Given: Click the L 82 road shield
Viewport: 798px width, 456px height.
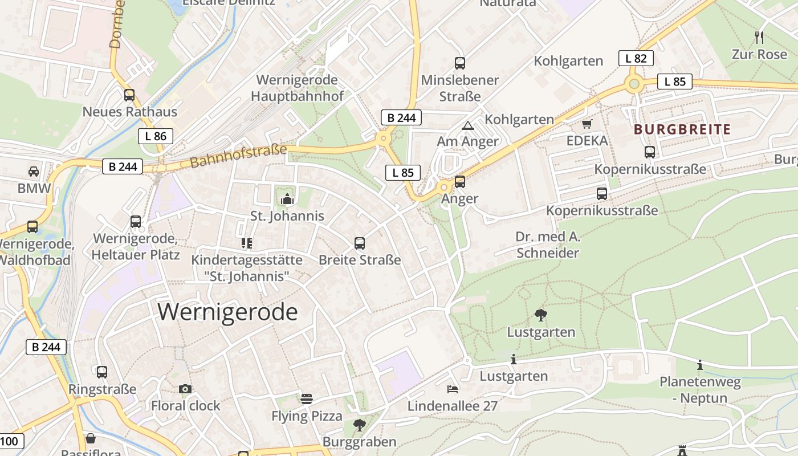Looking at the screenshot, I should pyautogui.click(x=636, y=58).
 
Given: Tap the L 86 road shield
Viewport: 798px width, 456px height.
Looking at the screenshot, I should pyautogui.click(x=156, y=136).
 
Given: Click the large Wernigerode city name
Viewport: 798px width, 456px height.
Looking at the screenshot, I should pyautogui.click(x=227, y=312).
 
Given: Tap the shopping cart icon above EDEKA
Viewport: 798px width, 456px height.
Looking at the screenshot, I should pyautogui.click(x=587, y=124).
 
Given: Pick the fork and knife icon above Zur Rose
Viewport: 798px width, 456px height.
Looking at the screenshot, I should pyautogui.click(x=759, y=38).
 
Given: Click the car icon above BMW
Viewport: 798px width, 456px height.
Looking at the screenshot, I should pyautogui.click(x=34, y=172).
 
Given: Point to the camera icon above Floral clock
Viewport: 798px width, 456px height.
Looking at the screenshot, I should pyautogui.click(x=185, y=389).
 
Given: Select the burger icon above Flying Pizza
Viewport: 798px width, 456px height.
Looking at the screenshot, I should pyautogui.click(x=307, y=398).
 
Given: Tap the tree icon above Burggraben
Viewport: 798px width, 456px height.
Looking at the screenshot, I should pyautogui.click(x=359, y=425).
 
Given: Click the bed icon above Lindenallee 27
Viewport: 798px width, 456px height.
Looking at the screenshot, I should pyautogui.click(x=452, y=389).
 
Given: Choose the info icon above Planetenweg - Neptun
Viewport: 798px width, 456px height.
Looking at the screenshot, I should pyautogui.click(x=700, y=365).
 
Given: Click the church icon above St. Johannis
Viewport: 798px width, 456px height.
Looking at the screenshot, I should pyautogui.click(x=287, y=199).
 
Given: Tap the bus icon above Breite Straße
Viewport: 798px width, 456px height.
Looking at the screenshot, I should pyautogui.click(x=360, y=243).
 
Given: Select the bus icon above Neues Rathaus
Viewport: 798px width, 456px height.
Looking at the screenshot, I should pyautogui.click(x=129, y=95).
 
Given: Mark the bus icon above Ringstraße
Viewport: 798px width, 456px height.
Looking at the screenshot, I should pyautogui.click(x=102, y=372).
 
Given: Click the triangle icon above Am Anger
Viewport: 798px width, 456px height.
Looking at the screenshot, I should pyautogui.click(x=467, y=125).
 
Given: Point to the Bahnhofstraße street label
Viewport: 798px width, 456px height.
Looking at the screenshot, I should pyautogui.click(x=238, y=156).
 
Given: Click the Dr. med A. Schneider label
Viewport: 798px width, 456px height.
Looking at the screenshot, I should pyautogui.click(x=547, y=245).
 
